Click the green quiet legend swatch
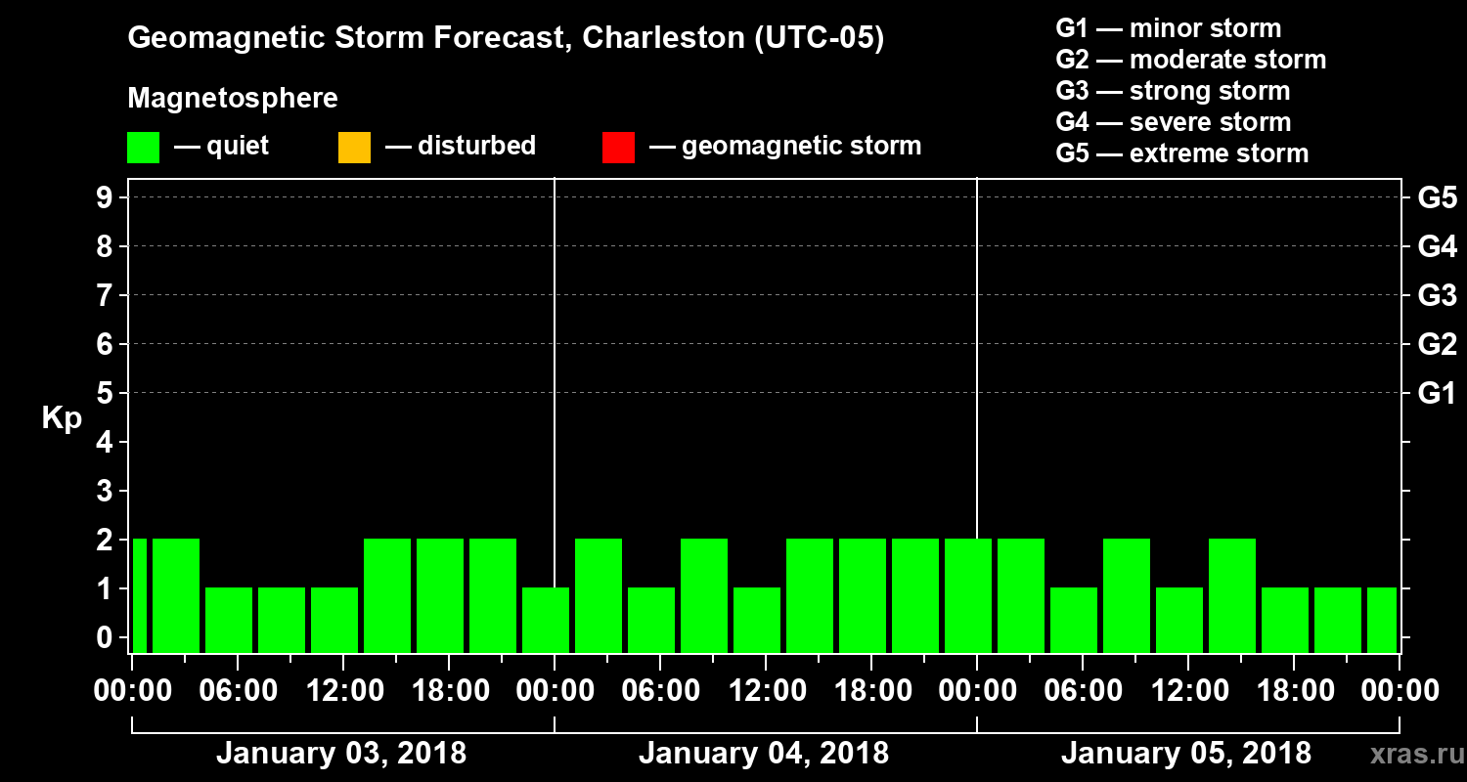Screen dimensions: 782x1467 143,147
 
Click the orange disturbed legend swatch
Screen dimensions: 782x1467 354,147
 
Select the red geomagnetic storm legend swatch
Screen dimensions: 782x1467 618,147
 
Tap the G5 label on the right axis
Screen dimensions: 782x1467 1437,198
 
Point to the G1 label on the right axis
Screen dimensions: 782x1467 1437,394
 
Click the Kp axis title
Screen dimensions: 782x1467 62,418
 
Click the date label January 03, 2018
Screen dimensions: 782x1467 340,754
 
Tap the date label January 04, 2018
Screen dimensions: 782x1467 763,754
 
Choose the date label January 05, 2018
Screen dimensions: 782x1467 1185,754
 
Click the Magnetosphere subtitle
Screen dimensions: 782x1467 233,99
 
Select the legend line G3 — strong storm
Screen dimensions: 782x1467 1173,91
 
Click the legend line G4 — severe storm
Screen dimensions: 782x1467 1173,122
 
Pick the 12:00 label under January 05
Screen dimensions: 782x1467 1187,691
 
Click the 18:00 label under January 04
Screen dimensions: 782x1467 870,691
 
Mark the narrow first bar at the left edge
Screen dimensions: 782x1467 139,594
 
